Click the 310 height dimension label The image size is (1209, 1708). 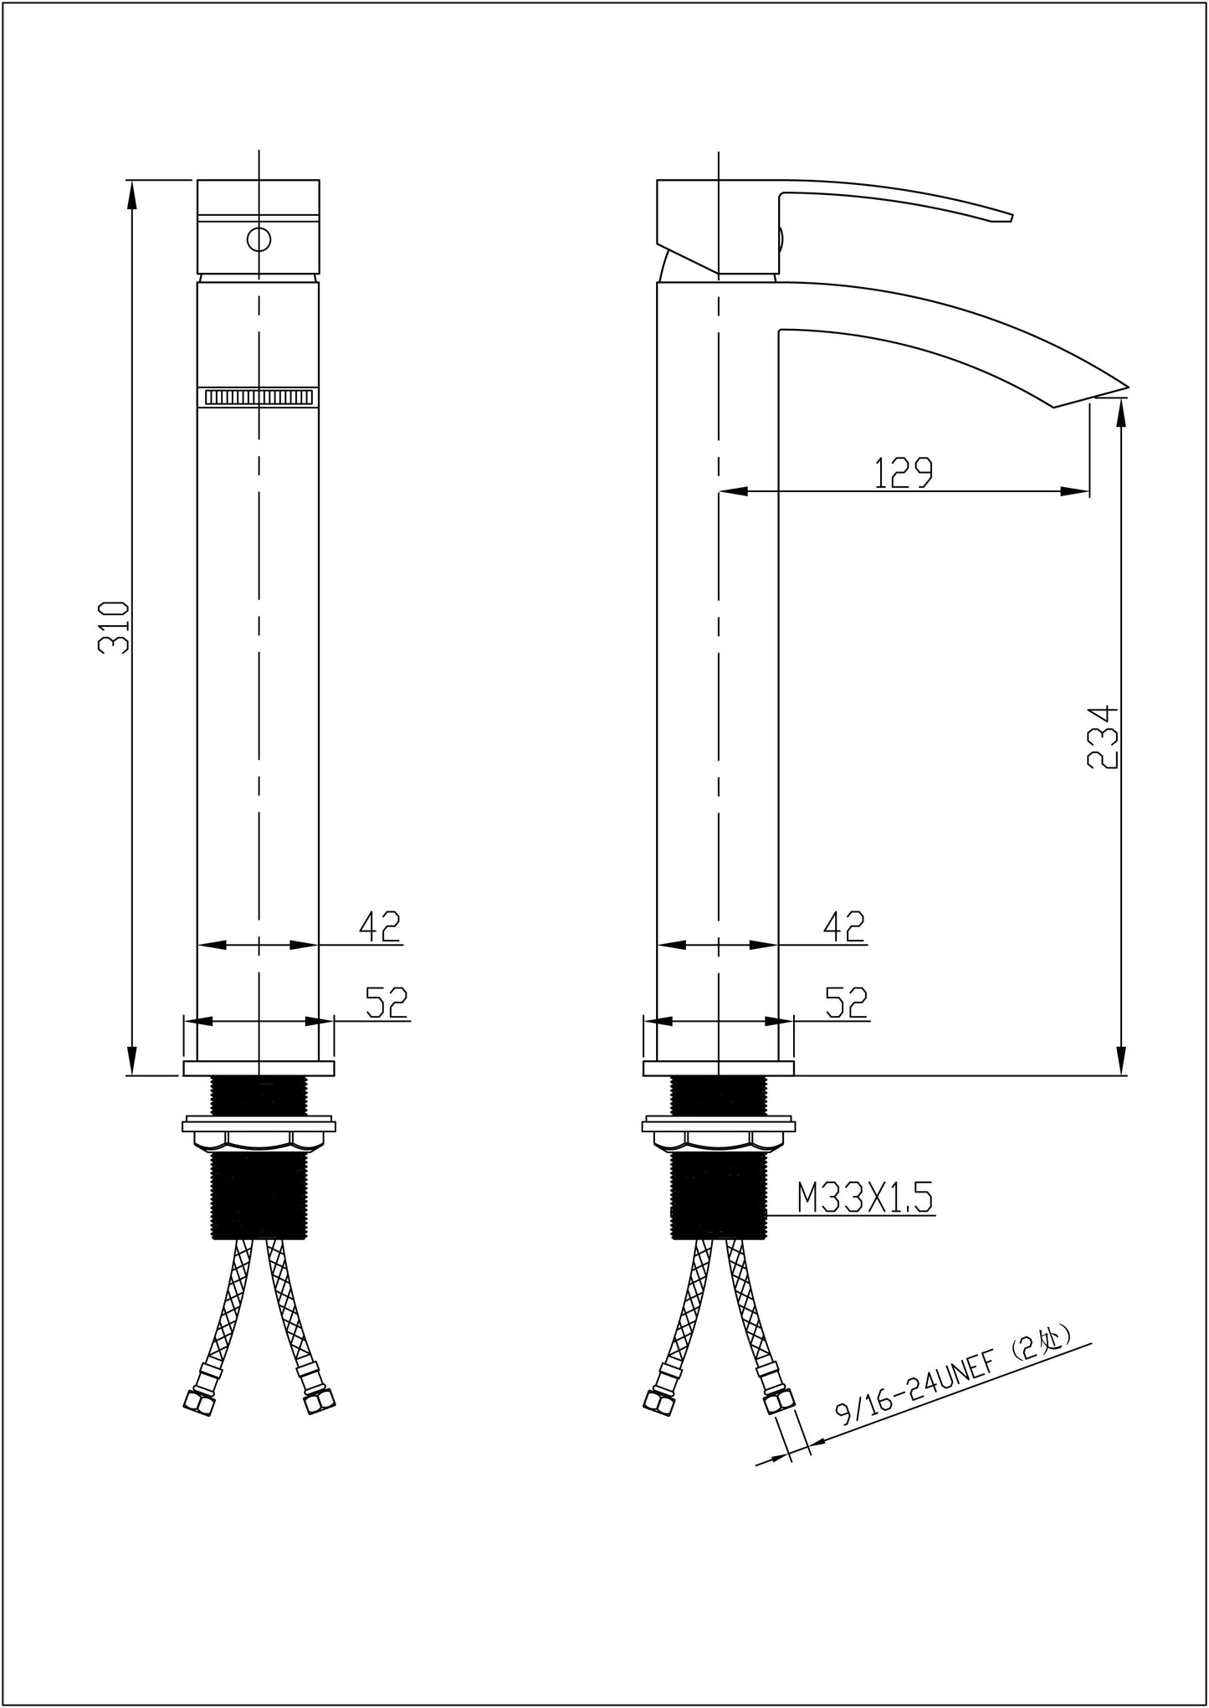tap(114, 627)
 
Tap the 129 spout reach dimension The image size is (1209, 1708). tap(903, 474)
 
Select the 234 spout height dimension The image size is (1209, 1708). tap(1101, 736)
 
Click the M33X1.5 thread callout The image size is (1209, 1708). tap(864, 1200)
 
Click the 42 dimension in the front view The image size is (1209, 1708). tap(380, 926)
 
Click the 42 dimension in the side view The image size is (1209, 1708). tap(844, 926)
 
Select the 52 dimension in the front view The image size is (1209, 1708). tap(387, 1002)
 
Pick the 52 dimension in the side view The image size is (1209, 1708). tap(847, 1002)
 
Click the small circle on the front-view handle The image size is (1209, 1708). tap(259, 239)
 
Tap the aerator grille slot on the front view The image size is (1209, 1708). tap(259, 398)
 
